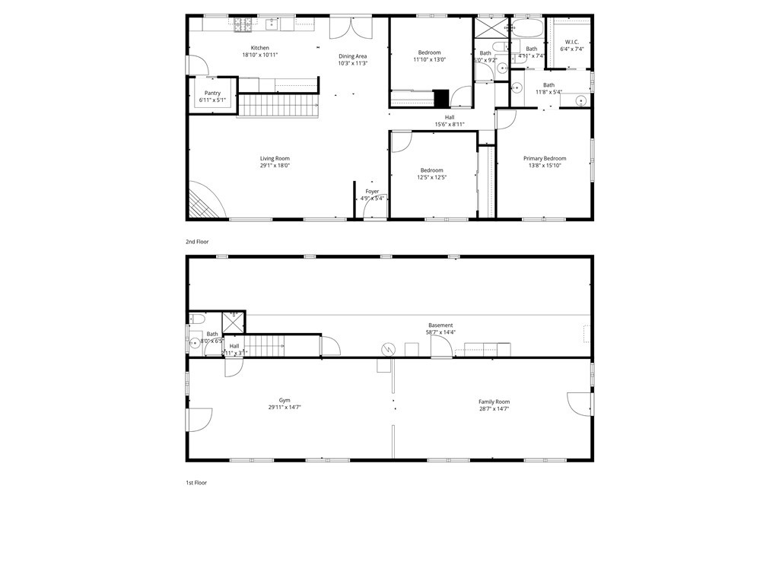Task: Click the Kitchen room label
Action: pyautogui.click(x=260, y=48)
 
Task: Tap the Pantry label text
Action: pyautogui.click(x=212, y=93)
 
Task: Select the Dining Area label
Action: pyautogui.click(x=353, y=56)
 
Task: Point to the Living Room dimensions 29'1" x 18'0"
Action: pyautogui.click(x=275, y=165)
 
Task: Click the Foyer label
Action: pyautogui.click(x=372, y=192)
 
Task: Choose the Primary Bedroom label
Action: pyautogui.click(x=545, y=158)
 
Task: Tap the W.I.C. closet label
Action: pyautogui.click(x=572, y=42)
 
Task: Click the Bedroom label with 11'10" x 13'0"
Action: pyautogui.click(x=429, y=52)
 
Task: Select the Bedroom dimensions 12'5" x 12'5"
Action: pyautogui.click(x=432, y=177)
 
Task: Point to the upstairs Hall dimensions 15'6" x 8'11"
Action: pyautogui.click(x=450, y=124)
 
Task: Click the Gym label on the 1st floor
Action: pyautogui.click(x=285, y=400)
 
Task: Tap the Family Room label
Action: pyautogui.click(x=494, y=401)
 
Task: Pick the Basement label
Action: pyautogui.click(x=440, y=325)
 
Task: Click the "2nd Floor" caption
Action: pyautogui.click(x=197, y=242)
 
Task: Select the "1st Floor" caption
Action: pyautogui.click(x=196, y=483)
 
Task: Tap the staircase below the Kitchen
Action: pyautogui.click(x=278, y=105)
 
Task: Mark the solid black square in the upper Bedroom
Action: pyautogui.click(x=441, y=98)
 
